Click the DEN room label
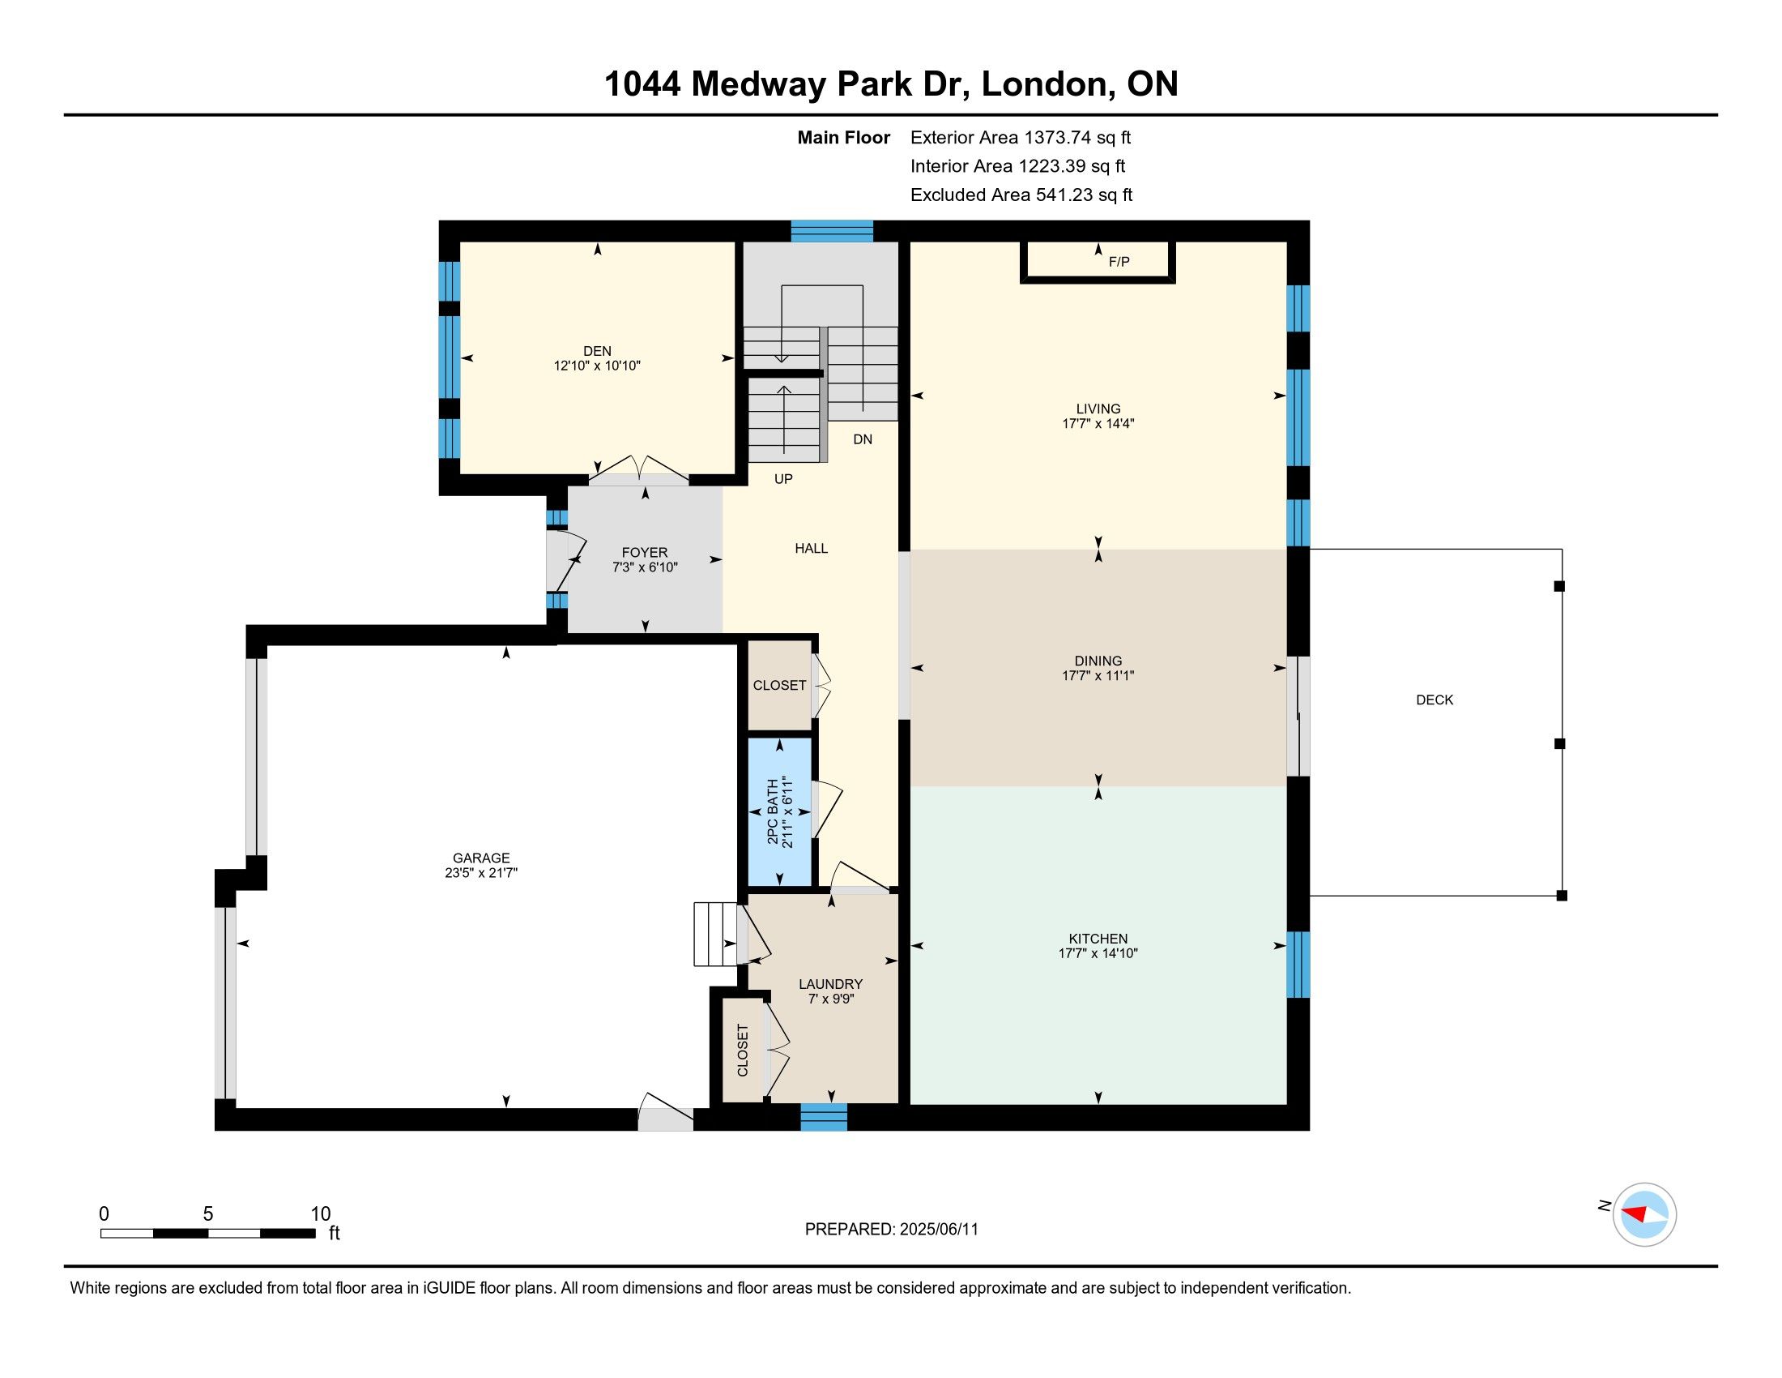[x=597, y=351]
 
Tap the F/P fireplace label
[x=1119, y=262]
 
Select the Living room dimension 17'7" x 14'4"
[x=1098, y=424]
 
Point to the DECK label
[x=1435, y=700]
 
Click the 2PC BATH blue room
[x=780, y=811]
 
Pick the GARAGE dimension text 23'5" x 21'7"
[x=481, y=873]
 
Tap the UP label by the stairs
[x=783, y=479]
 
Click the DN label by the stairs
[x=863, y=439]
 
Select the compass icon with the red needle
[x=1644, y=1214]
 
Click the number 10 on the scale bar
[x=321, y=1214]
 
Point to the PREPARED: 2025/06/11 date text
[x=891, y=1230]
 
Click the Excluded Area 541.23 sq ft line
[x=1021, y=195]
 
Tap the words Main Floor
[x=844, y=138]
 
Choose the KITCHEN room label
[x=1098, y=939]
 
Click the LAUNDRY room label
[x=830, y=985]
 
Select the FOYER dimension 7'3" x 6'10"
[x=646, y=567]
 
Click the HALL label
[x=811, y=549]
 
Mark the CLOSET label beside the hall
[x=779, y=686]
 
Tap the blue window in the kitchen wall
[x=1298, y=964]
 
